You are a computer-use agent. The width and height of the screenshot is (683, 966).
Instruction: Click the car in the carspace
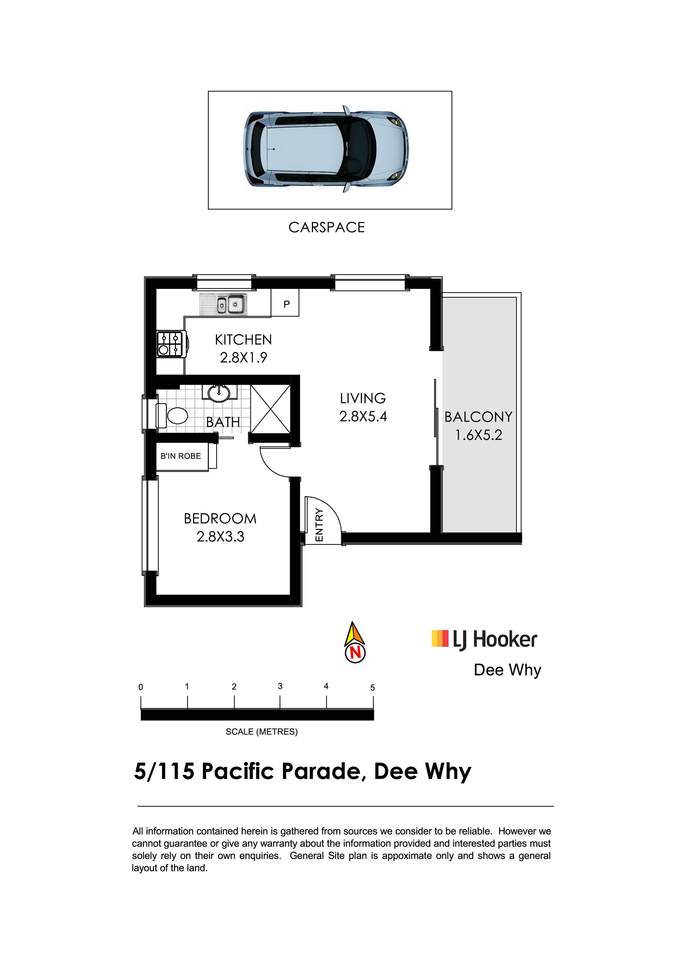tap(326, 149)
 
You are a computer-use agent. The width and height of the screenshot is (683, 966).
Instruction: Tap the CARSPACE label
tap(326, 228)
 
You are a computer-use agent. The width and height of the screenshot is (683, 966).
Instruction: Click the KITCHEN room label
tap(243, 340)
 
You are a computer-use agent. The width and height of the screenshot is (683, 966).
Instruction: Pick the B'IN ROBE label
tap(181, 456)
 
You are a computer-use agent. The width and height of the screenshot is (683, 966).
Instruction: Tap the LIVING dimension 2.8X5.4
tap(363, 417)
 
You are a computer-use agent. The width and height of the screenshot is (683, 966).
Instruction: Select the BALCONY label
tap(479, 417)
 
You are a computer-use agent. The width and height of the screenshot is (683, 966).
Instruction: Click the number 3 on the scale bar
tap(280, 686)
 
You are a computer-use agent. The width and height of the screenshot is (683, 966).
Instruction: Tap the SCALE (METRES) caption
tap(261, 732)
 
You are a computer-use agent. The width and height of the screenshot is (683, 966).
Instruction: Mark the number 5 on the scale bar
tap(372, 688)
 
